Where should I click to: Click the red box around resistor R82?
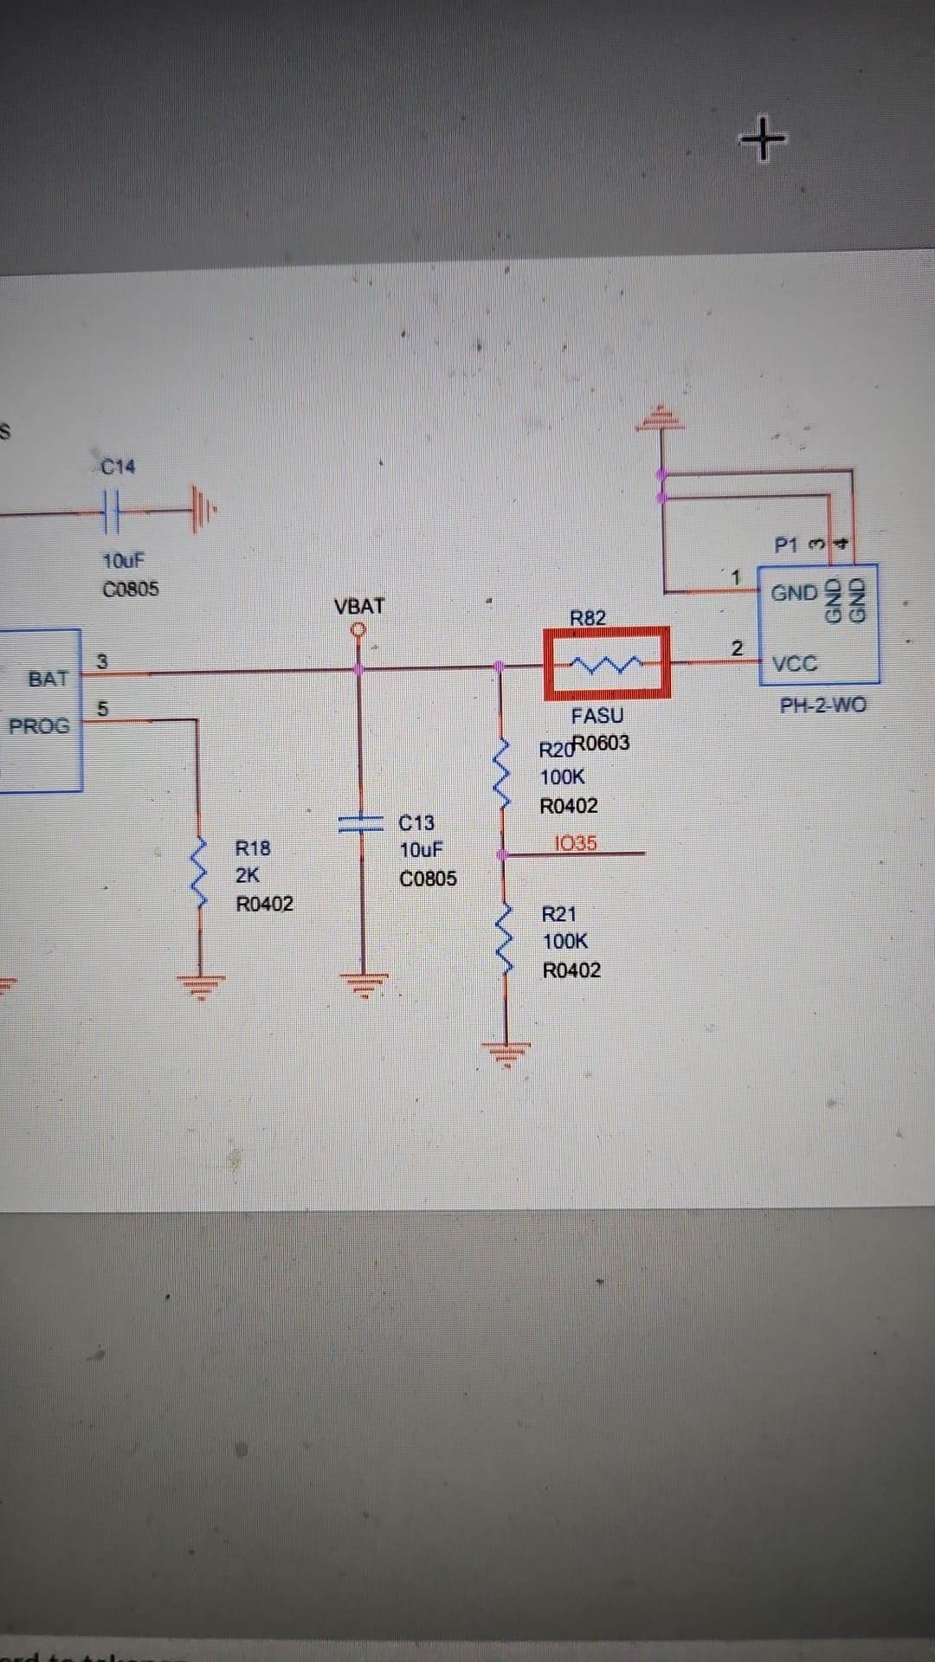click(607, 663)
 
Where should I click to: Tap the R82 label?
click(588, 618)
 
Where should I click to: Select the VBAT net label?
click(359, 606)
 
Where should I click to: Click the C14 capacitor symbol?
click(112, 512)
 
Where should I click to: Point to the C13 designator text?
click(416, 822)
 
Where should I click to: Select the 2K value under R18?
click(248, 875)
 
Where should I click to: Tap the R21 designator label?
click(559, 914)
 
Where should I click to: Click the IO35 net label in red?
click(576, 843)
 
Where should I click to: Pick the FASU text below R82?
click(597, 716)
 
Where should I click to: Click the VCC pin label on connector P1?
click(795, 664)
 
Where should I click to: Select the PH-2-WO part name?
click(823, 705)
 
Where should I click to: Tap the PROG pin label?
click(39, 726)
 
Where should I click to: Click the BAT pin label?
click(48, 679)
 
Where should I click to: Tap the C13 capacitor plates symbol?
click(361, 822)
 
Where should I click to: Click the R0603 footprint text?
click(603, 743)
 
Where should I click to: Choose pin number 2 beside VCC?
click(737, 647)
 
